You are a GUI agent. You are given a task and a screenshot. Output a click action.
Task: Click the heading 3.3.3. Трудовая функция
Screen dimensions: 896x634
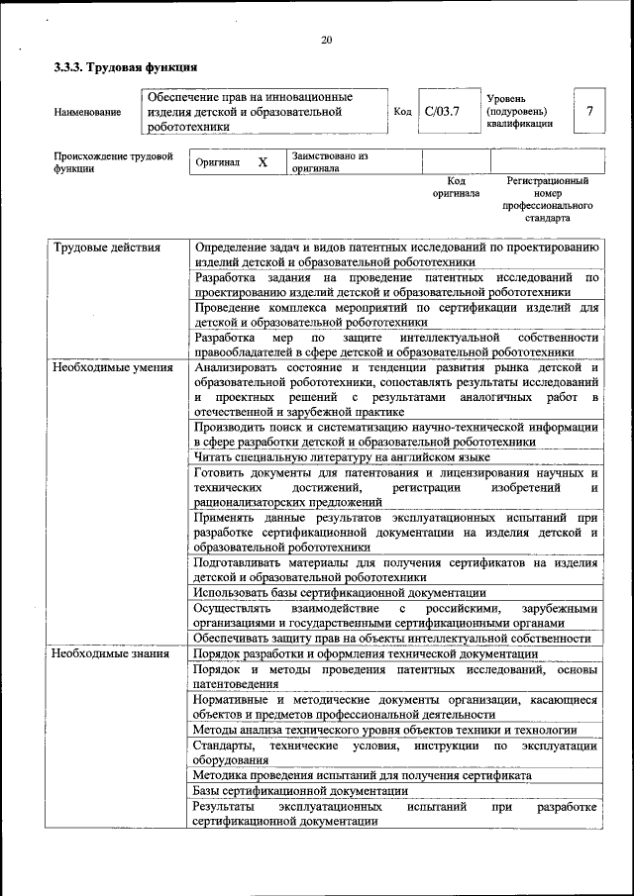[126, 68]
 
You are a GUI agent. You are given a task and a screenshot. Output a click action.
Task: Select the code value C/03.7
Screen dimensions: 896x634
[442, 111]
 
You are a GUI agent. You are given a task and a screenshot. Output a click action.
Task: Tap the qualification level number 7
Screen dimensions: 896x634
[590, 111]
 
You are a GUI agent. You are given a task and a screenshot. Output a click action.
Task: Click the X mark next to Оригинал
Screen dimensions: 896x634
[263, 161]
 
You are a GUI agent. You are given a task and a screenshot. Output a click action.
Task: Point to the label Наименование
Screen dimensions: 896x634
[88, 112]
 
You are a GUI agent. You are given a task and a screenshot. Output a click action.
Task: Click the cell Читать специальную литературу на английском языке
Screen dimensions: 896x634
[342, 457]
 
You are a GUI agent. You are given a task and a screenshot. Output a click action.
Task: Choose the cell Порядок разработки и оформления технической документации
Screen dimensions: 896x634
[366, 654]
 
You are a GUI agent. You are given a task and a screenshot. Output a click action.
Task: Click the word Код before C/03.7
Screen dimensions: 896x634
[402, 111]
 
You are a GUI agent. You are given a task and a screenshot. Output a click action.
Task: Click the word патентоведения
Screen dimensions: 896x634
[236, 684]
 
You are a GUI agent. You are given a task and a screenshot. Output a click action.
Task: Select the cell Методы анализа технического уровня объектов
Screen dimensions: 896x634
[391, 730]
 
